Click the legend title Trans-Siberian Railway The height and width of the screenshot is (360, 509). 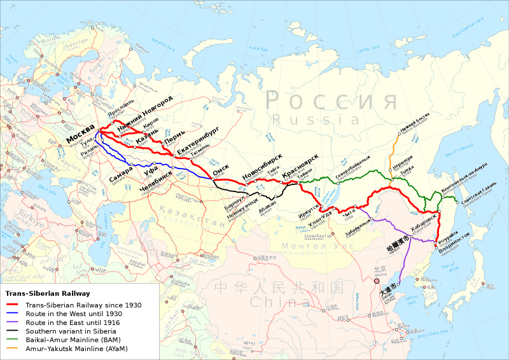(48, 293)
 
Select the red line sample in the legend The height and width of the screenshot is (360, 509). (14, 305)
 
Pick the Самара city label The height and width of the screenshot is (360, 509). (121, 176)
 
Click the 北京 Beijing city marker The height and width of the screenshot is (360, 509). (377, 280)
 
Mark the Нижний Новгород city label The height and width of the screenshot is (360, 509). (144, 113)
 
